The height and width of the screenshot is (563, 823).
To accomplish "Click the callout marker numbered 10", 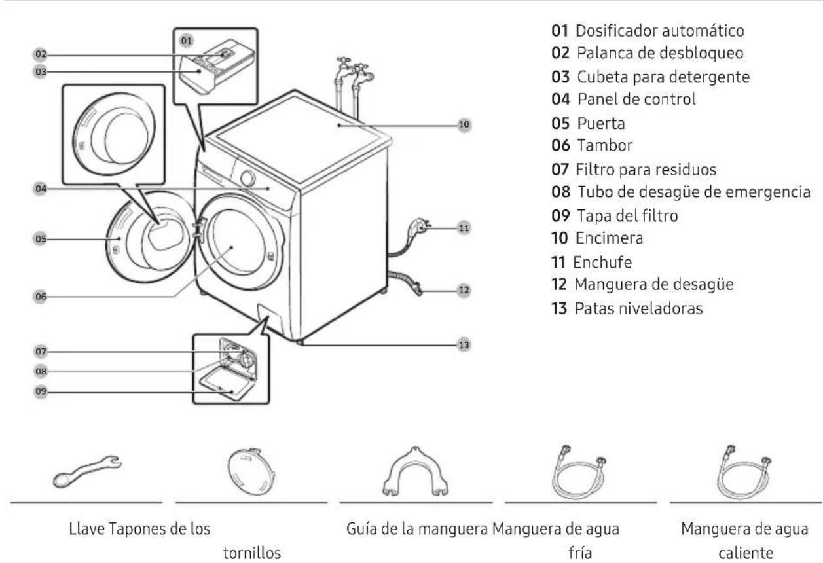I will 464,124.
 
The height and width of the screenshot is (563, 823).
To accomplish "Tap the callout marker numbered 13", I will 464,343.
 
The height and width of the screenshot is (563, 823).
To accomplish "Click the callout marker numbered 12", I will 464,289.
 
